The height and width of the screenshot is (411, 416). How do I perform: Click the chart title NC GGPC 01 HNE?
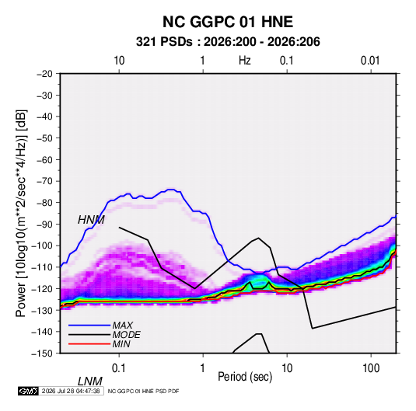point(228,22)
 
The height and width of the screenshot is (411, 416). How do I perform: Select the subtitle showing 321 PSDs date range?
point(228,42)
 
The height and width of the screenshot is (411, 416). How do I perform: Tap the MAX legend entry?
point(123,325)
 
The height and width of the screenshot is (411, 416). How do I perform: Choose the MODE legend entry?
point(126,335)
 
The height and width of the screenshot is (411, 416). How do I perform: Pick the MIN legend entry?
point(121,344)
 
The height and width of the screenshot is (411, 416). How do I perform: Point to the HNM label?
point(91,220)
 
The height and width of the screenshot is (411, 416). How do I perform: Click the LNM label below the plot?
point(89,381)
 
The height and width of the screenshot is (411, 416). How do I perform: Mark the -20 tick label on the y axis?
point(44,74)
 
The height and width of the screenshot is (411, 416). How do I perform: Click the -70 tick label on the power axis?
point(44,181)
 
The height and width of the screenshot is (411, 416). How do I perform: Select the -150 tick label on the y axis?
point(42,354)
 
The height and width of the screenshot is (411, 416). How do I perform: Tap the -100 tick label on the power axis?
point(42,246)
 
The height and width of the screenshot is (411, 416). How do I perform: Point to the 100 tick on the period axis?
point(371,368)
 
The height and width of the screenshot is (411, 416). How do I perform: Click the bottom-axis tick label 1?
point(203,368)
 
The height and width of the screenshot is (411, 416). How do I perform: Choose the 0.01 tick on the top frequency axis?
point(370,61)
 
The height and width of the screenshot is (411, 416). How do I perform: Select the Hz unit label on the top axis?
point(245,61)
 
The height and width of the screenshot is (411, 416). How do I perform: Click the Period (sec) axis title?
point(245,377)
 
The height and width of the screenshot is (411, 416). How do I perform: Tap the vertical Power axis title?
point(21,214)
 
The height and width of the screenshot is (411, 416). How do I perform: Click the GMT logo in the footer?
point(28,391)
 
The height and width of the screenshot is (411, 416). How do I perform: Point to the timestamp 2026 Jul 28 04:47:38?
point(71,391)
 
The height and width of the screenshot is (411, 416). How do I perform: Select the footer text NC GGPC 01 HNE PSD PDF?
point(144,391)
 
